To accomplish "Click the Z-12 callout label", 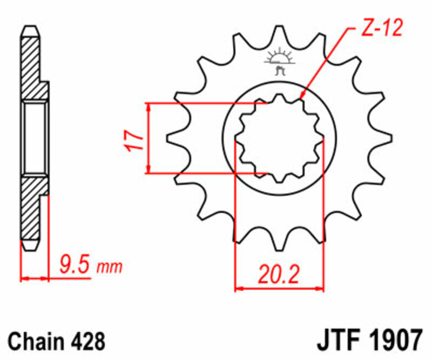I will click(381, 29).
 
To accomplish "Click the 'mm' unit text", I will click(110, 267).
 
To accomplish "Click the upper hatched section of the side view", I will click(31, 65).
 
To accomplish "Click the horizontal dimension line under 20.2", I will click(279, 289).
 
